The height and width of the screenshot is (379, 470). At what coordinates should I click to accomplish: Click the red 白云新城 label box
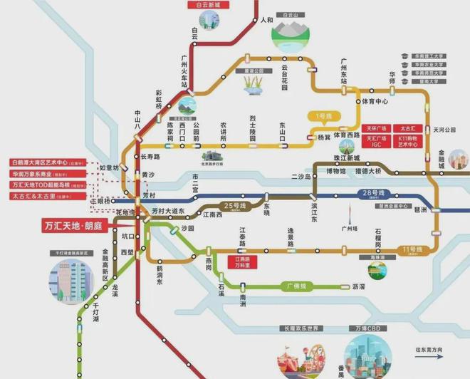[x=195, y=5]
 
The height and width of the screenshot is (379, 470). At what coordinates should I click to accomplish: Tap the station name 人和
[x=266, y=20]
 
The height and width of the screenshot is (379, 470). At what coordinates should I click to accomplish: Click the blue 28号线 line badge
[x=372, y=193]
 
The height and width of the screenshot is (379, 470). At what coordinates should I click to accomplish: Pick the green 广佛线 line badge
[x=294, y=286]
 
